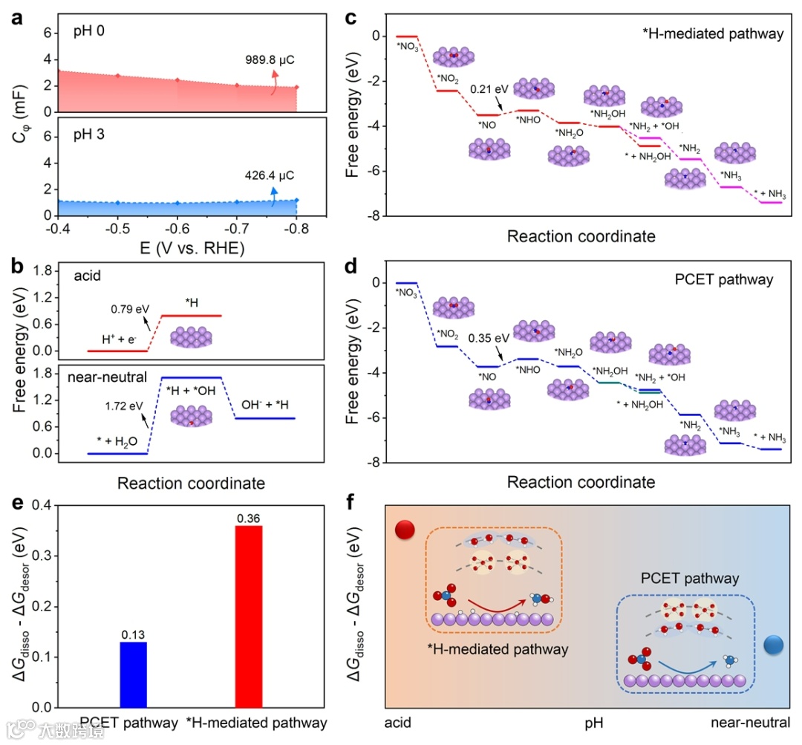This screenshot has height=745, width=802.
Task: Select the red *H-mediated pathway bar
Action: (249, 616)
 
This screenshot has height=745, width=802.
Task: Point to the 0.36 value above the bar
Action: (249, 518)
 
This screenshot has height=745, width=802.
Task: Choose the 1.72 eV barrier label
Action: (123, 407)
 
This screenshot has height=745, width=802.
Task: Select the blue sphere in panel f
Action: (775, 645)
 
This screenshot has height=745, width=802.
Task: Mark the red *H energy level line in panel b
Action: (192, 316)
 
